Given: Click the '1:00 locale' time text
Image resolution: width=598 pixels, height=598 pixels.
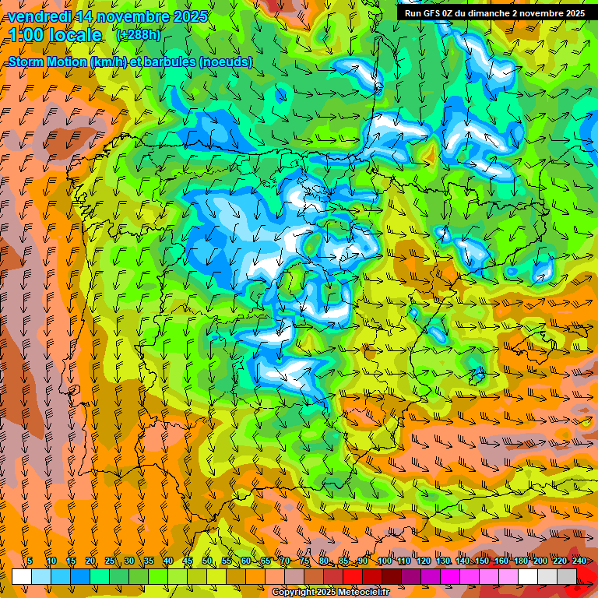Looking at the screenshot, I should tap(55, 35).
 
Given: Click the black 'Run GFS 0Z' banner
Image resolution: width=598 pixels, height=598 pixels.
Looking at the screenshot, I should tap(494, 13).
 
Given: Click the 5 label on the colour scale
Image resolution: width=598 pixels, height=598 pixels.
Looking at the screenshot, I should tap(30, 561).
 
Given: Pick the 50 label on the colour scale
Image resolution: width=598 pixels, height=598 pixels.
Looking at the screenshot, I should tap(207, 561).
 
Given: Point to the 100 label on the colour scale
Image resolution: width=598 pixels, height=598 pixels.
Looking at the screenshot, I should tap(384, 561).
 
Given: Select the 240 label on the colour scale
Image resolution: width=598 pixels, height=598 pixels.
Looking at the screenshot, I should tap(579, 561).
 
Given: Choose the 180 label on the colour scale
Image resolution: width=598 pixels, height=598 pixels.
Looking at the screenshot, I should tap(520, 561).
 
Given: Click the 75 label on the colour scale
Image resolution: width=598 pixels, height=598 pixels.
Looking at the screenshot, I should tap(304, 561).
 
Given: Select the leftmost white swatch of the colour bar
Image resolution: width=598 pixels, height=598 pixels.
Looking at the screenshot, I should tap(22, 576).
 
